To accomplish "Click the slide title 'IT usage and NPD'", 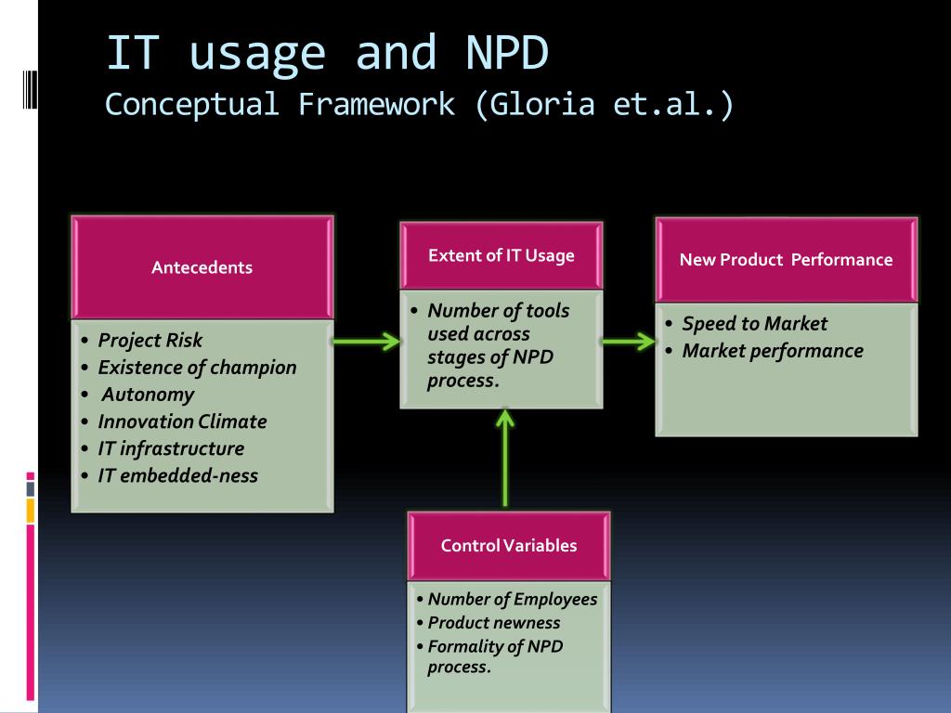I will pyautogui.click(x=327, y=54).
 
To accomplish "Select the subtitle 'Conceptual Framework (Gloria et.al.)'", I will pyautogui.click(x=419, y=104).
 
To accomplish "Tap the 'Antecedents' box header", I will pyautogui.click(x=202, y=267).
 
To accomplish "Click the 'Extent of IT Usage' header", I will pyautogui.click(x=501, y=255).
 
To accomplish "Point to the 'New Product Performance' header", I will pyautogui.click(x=786, y=260).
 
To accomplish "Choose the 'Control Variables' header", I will pyautogui.click(x=508, y=546).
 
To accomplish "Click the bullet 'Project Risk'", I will pyautogui.click(x=150, y=340).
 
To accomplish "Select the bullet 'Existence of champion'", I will pyautogui.click(x=197, y=367).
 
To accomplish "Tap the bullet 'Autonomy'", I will pyautogui.click(x=148, y=394).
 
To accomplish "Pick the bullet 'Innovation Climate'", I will pyautogui.click(x=182, y=421).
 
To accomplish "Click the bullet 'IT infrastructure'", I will pyautogui.click(x=171, y=448).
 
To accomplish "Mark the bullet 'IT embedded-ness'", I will pyautogui.click(x=177, y=475).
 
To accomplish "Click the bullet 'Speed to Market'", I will pyautogui.click(x=754, y=324).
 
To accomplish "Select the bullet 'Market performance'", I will pyautogui.click(x=772, y=351).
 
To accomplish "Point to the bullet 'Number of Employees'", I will pyautogui.click(x=512, y=599).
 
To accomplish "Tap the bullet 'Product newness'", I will pyautogui.click(x=493, y=623).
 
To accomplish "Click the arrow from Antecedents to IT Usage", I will pyautogui.click(x=366, y=342).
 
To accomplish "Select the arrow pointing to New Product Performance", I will pyautogui.click(x=628, y=342).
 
